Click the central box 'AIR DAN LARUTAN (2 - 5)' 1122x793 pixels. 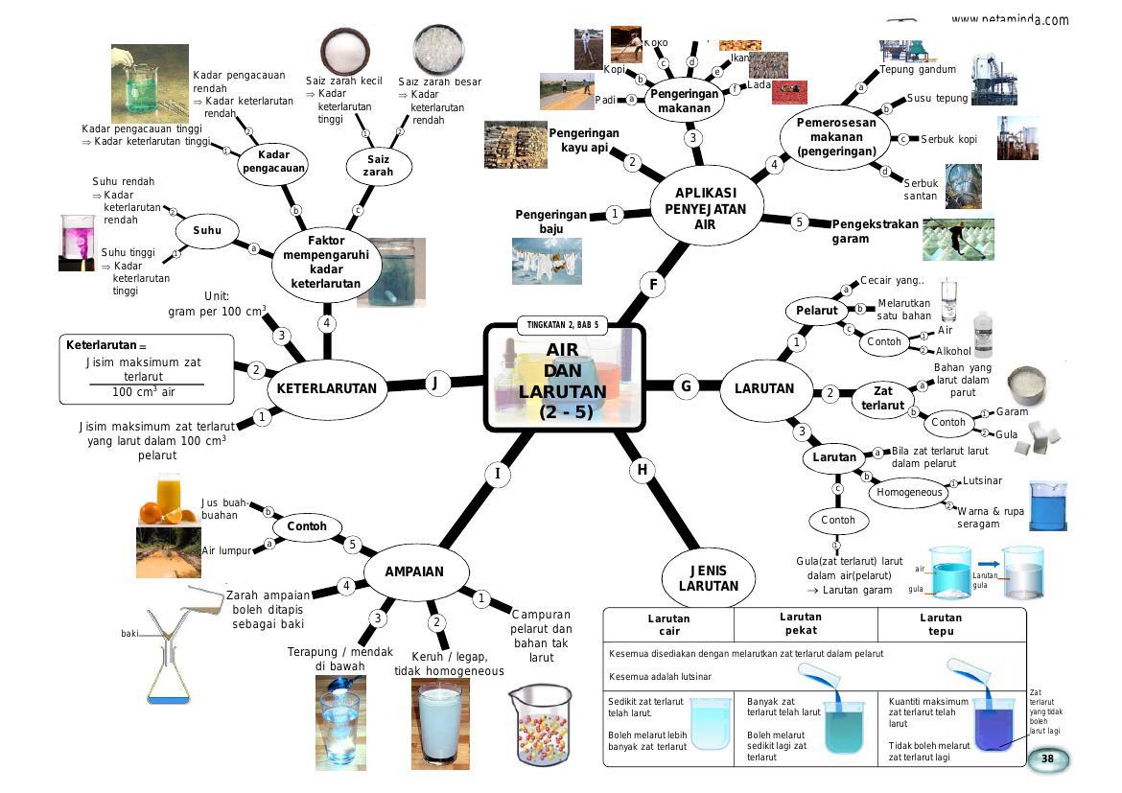coord(564,378)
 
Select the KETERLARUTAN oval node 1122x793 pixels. coord(327,388)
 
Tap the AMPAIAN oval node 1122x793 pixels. coord(415,571)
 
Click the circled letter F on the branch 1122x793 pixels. coord(653,284)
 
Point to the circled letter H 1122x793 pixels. coord(642,470)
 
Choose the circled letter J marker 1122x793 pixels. coord(436,384)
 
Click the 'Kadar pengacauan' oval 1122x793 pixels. coord(273,161)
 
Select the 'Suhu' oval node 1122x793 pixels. coord(207,230)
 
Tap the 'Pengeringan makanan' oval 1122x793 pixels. coord(685,101)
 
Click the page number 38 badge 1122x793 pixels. coord(1047,759)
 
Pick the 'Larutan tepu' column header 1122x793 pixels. coord(940,624)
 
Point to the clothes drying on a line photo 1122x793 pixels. coord(547,261)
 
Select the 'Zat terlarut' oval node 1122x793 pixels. coord(882,398)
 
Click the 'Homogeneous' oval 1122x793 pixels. coord(909,492)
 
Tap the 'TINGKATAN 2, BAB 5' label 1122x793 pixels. coord(563,325)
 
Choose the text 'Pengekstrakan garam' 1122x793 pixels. coord(875,231)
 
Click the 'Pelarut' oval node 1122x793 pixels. coord(816,311)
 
